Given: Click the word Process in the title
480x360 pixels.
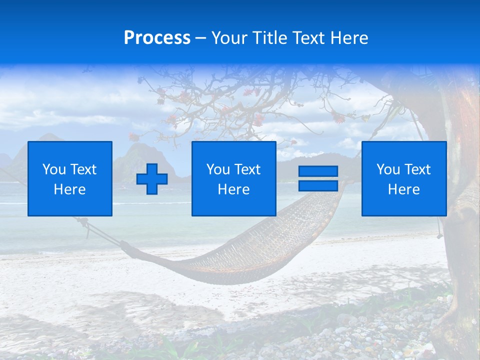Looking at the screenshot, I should click(x=157, y=38).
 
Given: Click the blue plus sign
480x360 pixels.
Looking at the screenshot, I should click(x=152, y=179).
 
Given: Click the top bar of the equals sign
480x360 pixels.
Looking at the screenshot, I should click(x=318, y=171).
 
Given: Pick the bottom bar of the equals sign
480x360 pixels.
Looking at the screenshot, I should click(x=318, y=186).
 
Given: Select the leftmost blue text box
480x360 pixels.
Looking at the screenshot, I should click(x=70, y=178).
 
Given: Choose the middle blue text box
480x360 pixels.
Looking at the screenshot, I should click(x=233, y=178).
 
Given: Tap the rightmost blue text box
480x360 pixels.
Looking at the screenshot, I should click(x=403, y=178).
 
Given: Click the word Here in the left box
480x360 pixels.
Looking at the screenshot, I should click(x=70, y=189).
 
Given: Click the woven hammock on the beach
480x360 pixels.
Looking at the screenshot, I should click(x=260, y=250).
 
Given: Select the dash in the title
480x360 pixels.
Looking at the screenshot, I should click(x=201, y=38).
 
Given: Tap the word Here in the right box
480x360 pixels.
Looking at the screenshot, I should click(x=403, y=189).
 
